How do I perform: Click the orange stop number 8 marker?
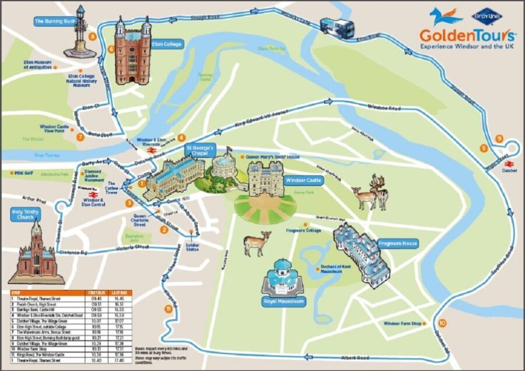[92, 37]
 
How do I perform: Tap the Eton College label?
[169, 44]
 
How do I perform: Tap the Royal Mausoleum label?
[285, 302]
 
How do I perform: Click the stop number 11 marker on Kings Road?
[168, 309]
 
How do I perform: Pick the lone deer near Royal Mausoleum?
[257, 242]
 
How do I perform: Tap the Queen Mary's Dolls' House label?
[272, 157]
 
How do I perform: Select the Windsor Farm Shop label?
[402, 323]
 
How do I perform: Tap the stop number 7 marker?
[80, 138]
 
